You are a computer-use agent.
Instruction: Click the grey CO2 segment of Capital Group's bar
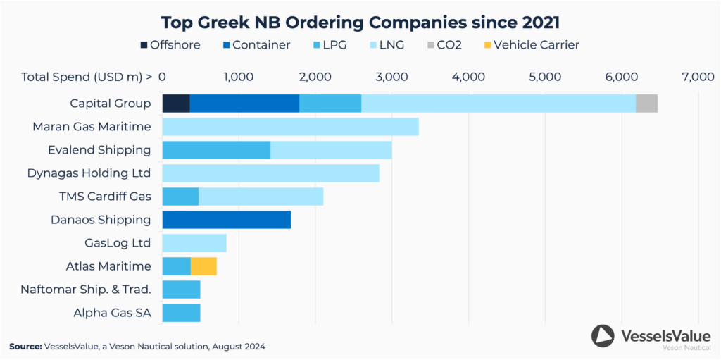click(646, 104)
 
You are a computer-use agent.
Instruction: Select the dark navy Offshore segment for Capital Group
click(176, 104)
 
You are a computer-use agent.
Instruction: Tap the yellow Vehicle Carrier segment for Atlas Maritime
click(203, 266)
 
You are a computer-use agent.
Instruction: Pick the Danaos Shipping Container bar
click(226, 220)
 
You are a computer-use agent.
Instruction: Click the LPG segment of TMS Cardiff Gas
click(180, 197)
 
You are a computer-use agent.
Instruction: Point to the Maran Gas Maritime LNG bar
click(290, 127)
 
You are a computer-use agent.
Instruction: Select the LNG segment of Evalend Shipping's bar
click(331, 150)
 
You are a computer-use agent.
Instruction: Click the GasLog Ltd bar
click(194, 243)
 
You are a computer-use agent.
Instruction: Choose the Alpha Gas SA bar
click(181, 313)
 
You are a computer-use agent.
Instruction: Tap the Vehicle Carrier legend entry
click(536, 45)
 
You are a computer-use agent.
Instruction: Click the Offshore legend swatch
click(144, 45)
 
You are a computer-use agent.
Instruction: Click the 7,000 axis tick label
click(698, 77)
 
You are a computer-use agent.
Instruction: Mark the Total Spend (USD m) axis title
click(87, 77)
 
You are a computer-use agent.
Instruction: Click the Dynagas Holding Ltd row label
click(89, 173)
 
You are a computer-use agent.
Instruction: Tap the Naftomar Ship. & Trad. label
click(86, 290)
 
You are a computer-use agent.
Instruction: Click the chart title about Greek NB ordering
click(360, 20)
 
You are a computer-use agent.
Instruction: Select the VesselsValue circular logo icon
click(603, 336)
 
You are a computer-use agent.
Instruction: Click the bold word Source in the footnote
click(25, 347)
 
